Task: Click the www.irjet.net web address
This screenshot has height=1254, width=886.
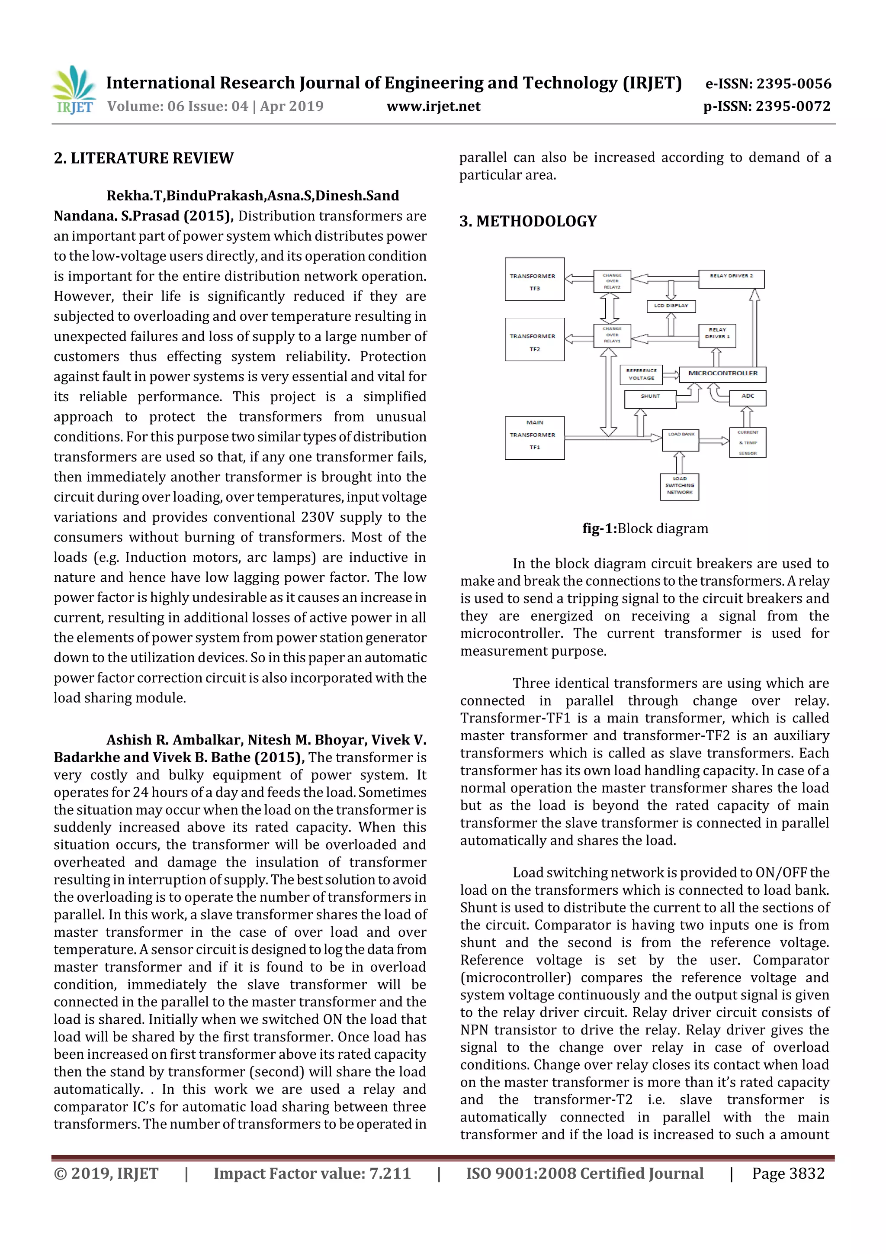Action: (x=433, y=106)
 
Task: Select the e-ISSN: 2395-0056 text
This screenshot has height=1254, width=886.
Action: (x=768, y=84)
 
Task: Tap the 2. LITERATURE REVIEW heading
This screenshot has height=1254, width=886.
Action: (x=144, y=158)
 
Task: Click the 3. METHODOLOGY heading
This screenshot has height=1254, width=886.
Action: (x=528, y=221)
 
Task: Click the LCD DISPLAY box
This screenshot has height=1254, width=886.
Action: (x=671, y=306)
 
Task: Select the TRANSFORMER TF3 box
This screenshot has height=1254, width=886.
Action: (x=534, y=279)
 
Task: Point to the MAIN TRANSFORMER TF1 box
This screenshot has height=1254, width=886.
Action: (x=534, y=438)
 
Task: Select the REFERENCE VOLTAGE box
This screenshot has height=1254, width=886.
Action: (x=641, y=375)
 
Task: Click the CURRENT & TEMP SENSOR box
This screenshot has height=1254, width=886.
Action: (x=747, y=442)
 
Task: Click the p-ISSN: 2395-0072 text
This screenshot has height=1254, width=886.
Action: (x=767, y=106)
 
